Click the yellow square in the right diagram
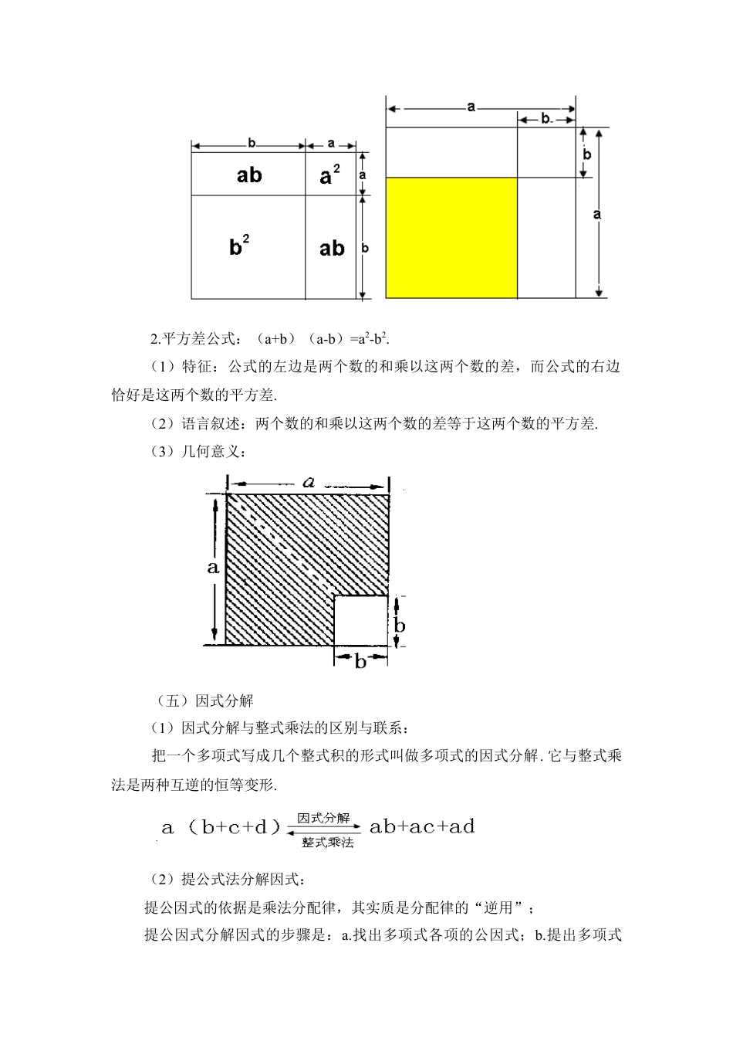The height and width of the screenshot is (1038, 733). pos(451,238)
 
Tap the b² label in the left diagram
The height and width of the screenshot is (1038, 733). pos(239,247)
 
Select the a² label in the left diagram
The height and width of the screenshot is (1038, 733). pos(330,176)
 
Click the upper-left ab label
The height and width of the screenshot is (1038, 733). pos(248,175)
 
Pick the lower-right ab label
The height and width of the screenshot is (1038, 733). pos(332,248)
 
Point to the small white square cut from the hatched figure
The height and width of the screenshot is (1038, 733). pos(361,620)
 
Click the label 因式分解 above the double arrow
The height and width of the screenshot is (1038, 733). pos(323,818)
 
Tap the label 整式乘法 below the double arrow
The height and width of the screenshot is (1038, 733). pos(327,843)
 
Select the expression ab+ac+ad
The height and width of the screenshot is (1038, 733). pos(422,827)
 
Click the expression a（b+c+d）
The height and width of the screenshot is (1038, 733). pos(220,828)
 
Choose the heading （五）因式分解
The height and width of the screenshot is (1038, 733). pos(205,701)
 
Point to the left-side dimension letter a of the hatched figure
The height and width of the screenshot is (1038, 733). pos(213,568)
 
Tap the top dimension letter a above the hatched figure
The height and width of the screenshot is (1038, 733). pos(309,483)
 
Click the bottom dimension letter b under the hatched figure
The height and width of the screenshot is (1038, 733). pos(360,661)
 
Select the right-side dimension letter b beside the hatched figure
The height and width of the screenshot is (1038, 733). pos(399,625)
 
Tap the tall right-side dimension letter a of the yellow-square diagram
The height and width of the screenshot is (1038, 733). pos(596,214)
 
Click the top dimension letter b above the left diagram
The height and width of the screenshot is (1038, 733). pos(252,143)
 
